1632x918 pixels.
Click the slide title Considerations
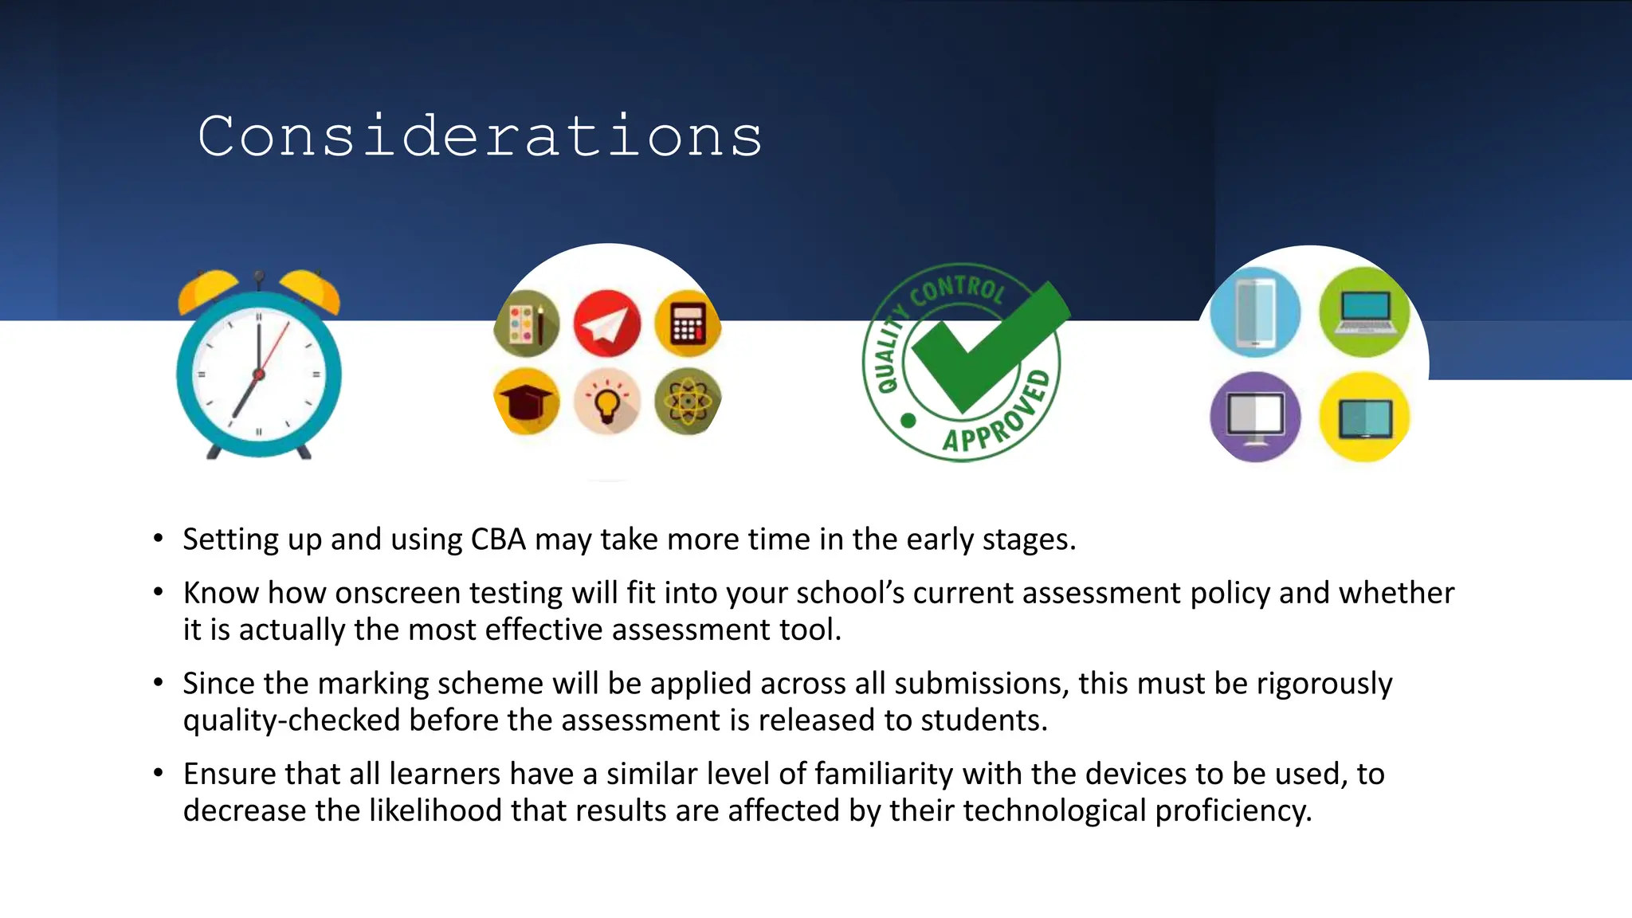coord(480,136)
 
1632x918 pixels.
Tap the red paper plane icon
coord(606,324)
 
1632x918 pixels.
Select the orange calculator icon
coord(687,324)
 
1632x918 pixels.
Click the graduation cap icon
coord(526,402)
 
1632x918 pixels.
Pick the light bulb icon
coord(607,402)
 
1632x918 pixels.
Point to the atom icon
coord(687,402)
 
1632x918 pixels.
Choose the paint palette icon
coord(526,324)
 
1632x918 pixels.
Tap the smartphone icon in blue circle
coord(1255,312)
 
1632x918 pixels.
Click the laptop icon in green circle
coord(1363,312)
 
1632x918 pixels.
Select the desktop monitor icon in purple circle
coord(1255,417)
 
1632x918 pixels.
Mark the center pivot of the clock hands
coord(258,374)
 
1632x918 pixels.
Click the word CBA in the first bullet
coord(498,539)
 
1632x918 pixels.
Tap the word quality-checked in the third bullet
coord(291,720)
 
